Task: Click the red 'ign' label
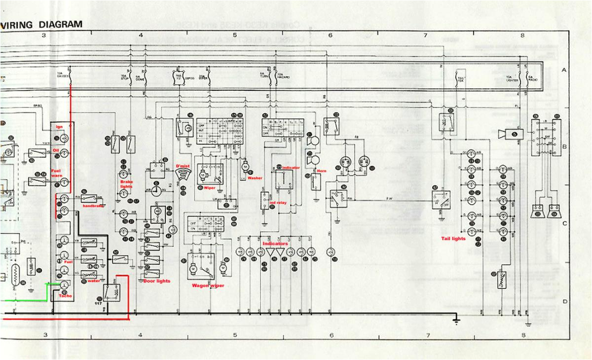coord(60,127)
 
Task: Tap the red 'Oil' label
coord(56,151)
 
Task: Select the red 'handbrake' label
coord(93,205)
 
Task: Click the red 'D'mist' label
coord(183,166)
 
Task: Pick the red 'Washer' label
coord(255,178)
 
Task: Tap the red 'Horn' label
coord(322,171)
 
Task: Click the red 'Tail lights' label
coord(453,239)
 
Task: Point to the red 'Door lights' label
coord(156,281)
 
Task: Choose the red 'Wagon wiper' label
coord(208,286)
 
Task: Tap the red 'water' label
coord(94,282)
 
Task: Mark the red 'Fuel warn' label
coord(57,173)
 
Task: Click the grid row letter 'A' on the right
coord(564,71)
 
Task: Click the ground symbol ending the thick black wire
coord(457,321)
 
